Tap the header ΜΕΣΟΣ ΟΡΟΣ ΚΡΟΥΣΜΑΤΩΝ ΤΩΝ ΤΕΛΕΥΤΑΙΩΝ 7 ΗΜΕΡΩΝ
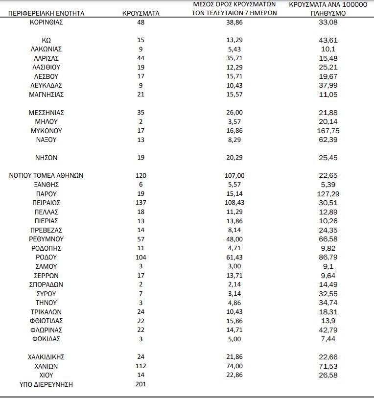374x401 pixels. (234, 9)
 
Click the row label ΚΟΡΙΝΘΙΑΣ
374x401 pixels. (46, 23)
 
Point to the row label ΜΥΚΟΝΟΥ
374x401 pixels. (47, 131)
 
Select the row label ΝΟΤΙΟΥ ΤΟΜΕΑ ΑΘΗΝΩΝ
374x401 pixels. (47, 176)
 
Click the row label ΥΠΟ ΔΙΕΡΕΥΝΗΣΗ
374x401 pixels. (46, 384)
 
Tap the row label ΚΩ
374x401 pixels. (47, 40)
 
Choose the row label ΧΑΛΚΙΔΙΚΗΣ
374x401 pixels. (47, 357)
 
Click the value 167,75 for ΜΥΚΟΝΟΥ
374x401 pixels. (328, 131)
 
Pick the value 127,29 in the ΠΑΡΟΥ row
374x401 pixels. (328, 194)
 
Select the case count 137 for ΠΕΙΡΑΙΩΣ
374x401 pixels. (141, 203)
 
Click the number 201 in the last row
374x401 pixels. (141, 384)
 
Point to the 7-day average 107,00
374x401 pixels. (234, 176)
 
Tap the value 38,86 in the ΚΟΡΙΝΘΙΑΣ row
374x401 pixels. (234, 23)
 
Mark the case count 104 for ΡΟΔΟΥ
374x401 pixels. (141, 257)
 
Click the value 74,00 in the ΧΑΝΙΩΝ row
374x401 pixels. (234, 366)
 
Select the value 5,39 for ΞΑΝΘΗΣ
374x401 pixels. (328, 185)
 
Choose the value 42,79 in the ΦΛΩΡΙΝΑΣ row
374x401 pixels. (328, 330)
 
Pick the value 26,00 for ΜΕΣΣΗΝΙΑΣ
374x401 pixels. (234, 113)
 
